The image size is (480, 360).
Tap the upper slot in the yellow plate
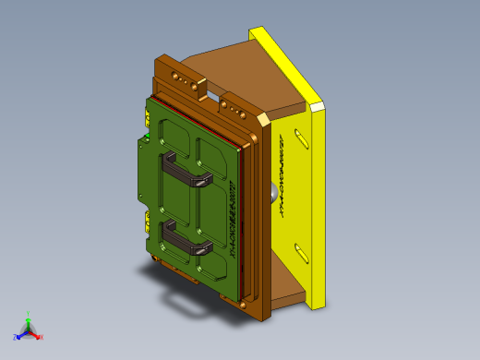pyautogui.click(x=301, y=140)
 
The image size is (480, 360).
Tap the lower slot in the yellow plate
pyautogui.click(x=301, y=250)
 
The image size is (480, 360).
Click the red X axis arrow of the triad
pyautogui.click(x=39, y=336)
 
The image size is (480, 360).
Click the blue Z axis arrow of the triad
pyautogui.click(x=18, y=337)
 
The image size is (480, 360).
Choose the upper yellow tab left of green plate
pyautogui.click(x=146, y=118)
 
